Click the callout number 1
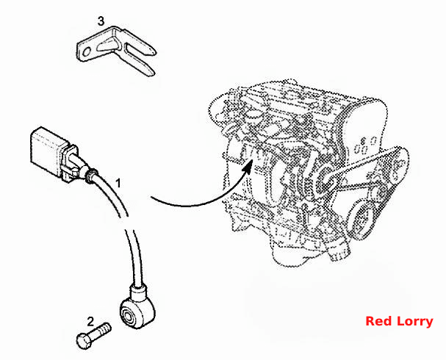(x=118, y=184)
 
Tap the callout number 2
(x=90, y=322)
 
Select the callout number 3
(x=101, y=21)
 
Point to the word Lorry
(x=415, y=322)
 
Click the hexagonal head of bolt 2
(x=84, y=341)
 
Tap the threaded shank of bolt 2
(x=100, y=331)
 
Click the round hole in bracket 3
(x=86, y=51)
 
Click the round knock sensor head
(x=136, y=312)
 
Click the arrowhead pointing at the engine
(x=248, y=166)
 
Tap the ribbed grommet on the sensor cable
(x=90, y=175)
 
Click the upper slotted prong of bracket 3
(x=140, y=48)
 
